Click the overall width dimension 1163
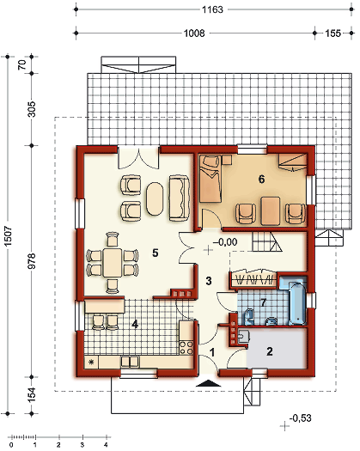pos(213,10)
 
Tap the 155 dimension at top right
pos(333,37)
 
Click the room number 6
pos(261,179)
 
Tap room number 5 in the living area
pos(155,253)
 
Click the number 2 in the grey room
pos(269,350)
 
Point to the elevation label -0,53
pos(300,418)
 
